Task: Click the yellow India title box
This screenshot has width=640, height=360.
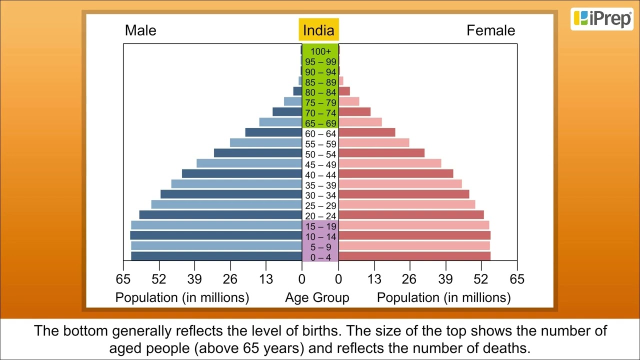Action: point(318,30)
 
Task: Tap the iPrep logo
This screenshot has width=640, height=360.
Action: point(602,19)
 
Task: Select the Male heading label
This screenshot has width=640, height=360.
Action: point(140,30)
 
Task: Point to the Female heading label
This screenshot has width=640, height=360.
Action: point(490,30)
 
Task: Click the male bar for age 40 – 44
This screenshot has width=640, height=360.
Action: point(242,173)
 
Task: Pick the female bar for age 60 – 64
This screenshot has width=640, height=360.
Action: point(367,132)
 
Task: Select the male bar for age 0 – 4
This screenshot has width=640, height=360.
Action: point(216,256)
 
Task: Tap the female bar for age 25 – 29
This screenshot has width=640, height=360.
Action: point(407,204)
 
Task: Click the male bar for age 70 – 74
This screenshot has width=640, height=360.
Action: point(287,112)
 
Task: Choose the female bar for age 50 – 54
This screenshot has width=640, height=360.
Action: point(381,153)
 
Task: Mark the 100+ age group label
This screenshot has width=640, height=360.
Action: point(320,51)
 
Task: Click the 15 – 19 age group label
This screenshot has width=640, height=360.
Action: point(320,226)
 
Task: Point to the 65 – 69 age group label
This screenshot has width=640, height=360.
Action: point(320,123)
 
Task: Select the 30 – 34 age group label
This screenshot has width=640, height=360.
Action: point(320,195)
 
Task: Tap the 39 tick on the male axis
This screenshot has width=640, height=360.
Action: point(194,279)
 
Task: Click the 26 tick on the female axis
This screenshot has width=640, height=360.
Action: point(409,279)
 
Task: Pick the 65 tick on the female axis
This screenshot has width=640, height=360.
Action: point(517,279)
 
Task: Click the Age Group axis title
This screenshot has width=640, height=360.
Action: point(317,298)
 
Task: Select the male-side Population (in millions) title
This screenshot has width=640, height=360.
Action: point(182,298)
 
